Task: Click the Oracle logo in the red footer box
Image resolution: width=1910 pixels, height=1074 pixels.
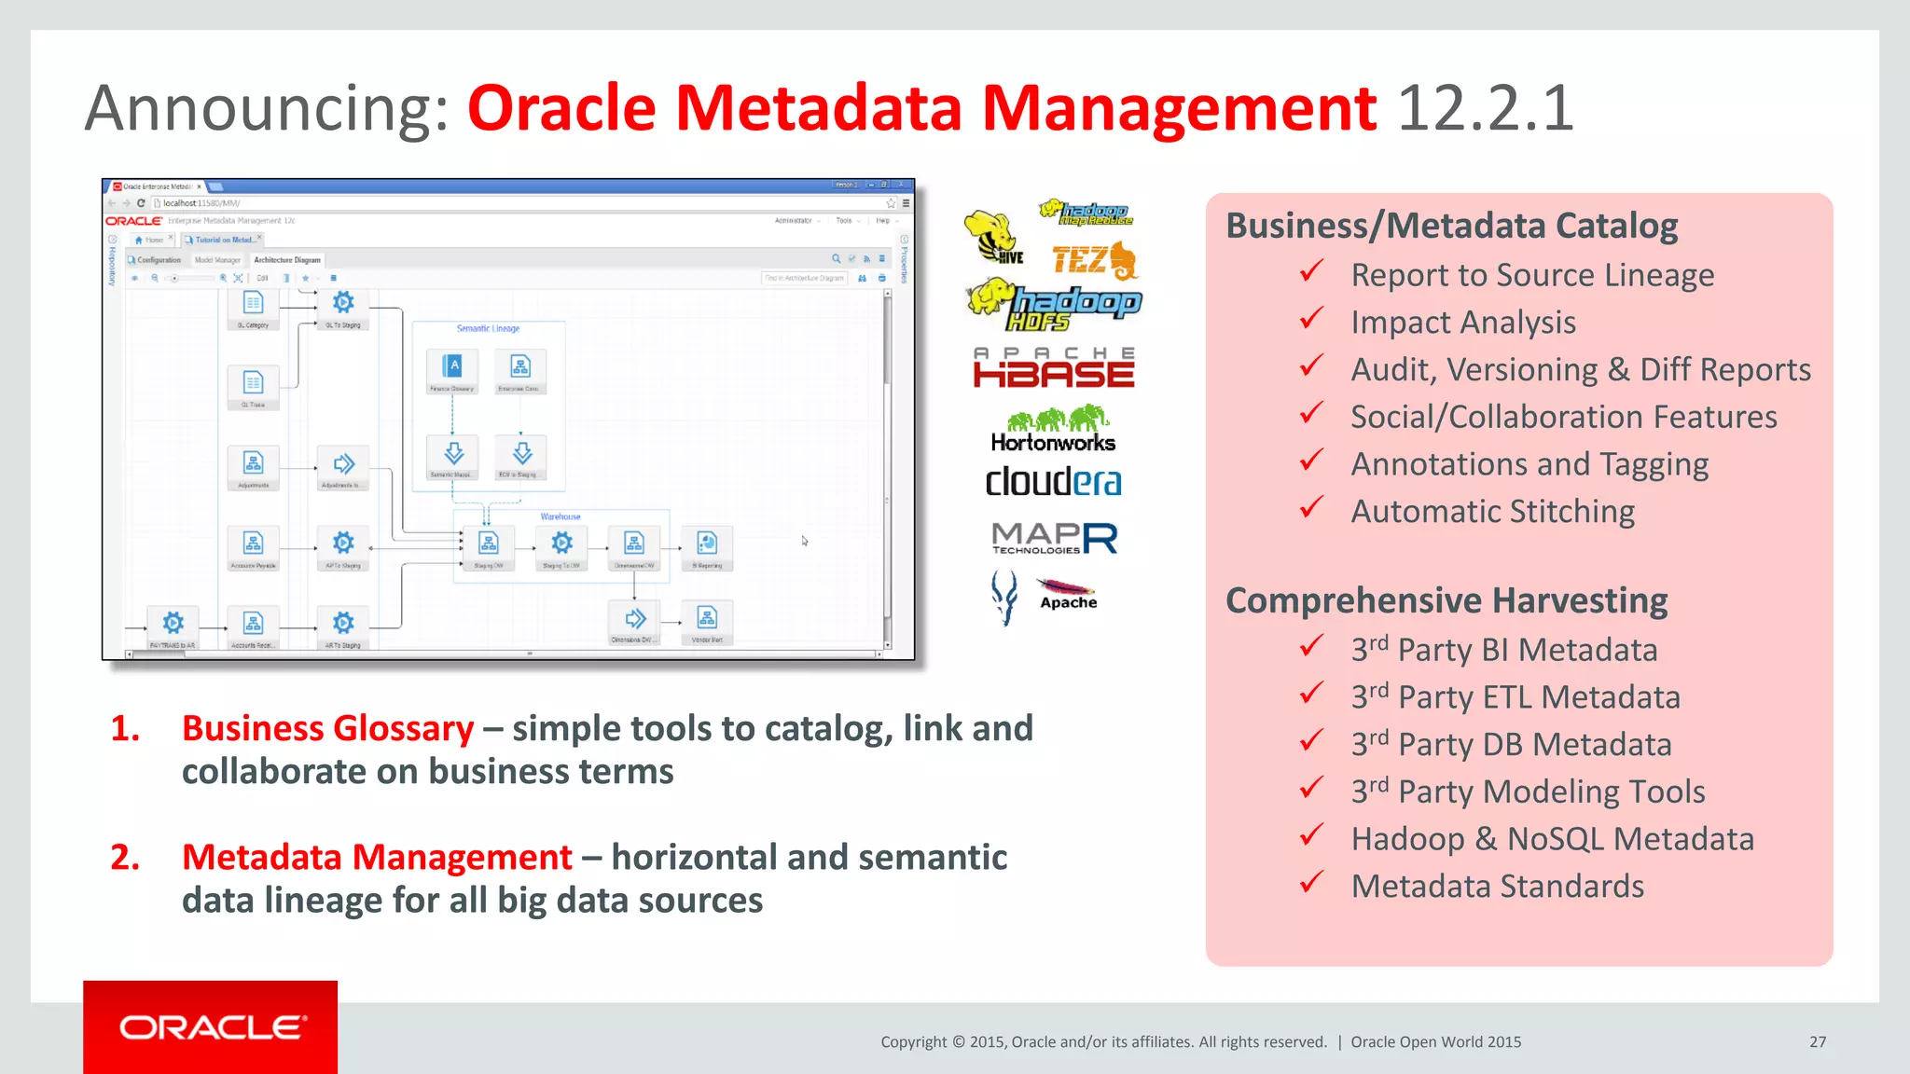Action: tap(212, 1027)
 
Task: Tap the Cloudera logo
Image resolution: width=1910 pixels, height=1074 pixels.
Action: tap(1053, 482)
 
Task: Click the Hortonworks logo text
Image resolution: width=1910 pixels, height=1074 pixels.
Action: tap(1053, 443)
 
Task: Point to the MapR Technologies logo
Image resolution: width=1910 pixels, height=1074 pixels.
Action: tap(1054, 538)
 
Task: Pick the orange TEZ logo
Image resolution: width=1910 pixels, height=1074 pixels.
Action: tap(1094, 261)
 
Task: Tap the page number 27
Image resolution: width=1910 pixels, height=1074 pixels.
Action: tap(1818, 1041)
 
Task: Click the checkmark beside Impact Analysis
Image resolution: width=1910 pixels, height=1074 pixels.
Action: tap(1311, 320)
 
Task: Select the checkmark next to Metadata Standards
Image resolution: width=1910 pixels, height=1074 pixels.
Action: tap(1311, 883)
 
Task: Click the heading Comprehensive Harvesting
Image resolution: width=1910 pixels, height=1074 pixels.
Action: tap(1446, 600)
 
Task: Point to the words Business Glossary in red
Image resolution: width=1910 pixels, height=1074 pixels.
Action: tap(328, 728)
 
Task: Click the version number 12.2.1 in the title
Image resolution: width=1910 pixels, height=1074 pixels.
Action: tap(1486, 108)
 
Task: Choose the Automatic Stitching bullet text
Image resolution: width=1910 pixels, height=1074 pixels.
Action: tap(1492, 511)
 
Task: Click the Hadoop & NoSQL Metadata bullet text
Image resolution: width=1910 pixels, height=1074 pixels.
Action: tap(1553, 839)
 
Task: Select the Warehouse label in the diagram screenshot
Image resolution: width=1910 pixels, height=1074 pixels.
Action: tap(561, 516)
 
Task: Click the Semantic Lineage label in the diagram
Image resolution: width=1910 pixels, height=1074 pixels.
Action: tap(488, 328)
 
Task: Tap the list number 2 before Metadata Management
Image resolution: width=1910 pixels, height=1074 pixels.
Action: tap(125, 857)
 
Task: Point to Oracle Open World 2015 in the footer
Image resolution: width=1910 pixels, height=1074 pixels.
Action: tap(1435, 1041)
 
